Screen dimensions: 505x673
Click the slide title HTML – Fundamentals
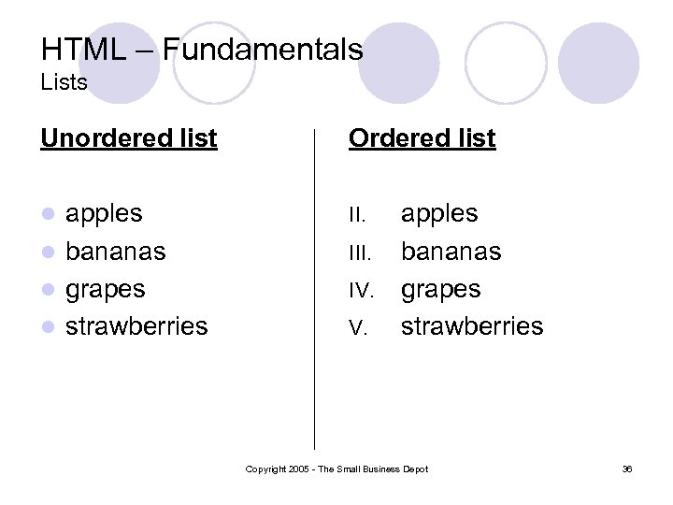[x=202, y=49]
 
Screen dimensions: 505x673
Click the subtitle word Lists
[x=64, y=82]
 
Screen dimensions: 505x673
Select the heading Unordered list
[x=129, y=138]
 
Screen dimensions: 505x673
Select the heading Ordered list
[x=422, y=138]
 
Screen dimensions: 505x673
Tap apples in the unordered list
[x=104, y=213]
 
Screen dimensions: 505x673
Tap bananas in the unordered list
[x=115, y=252]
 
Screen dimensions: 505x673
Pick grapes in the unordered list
[x=105, y=289]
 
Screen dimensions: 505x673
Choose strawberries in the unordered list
[x=136, y=325]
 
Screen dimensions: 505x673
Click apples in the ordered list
[x=439, y=213]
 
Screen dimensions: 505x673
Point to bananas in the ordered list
[x=451, y=252]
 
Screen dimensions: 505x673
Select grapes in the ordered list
[x=441, y=289]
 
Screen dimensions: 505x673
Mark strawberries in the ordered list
[x=472, y=325]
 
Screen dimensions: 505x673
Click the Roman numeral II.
[x=357, y=215]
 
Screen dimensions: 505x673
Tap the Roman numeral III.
[x=359, y=252]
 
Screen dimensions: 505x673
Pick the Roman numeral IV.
[x=361, y=290]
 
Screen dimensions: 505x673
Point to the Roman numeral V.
[x=357, y=327]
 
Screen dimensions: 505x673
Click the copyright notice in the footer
[x=336, y=469]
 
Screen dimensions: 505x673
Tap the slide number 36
[x=626, y=469]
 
